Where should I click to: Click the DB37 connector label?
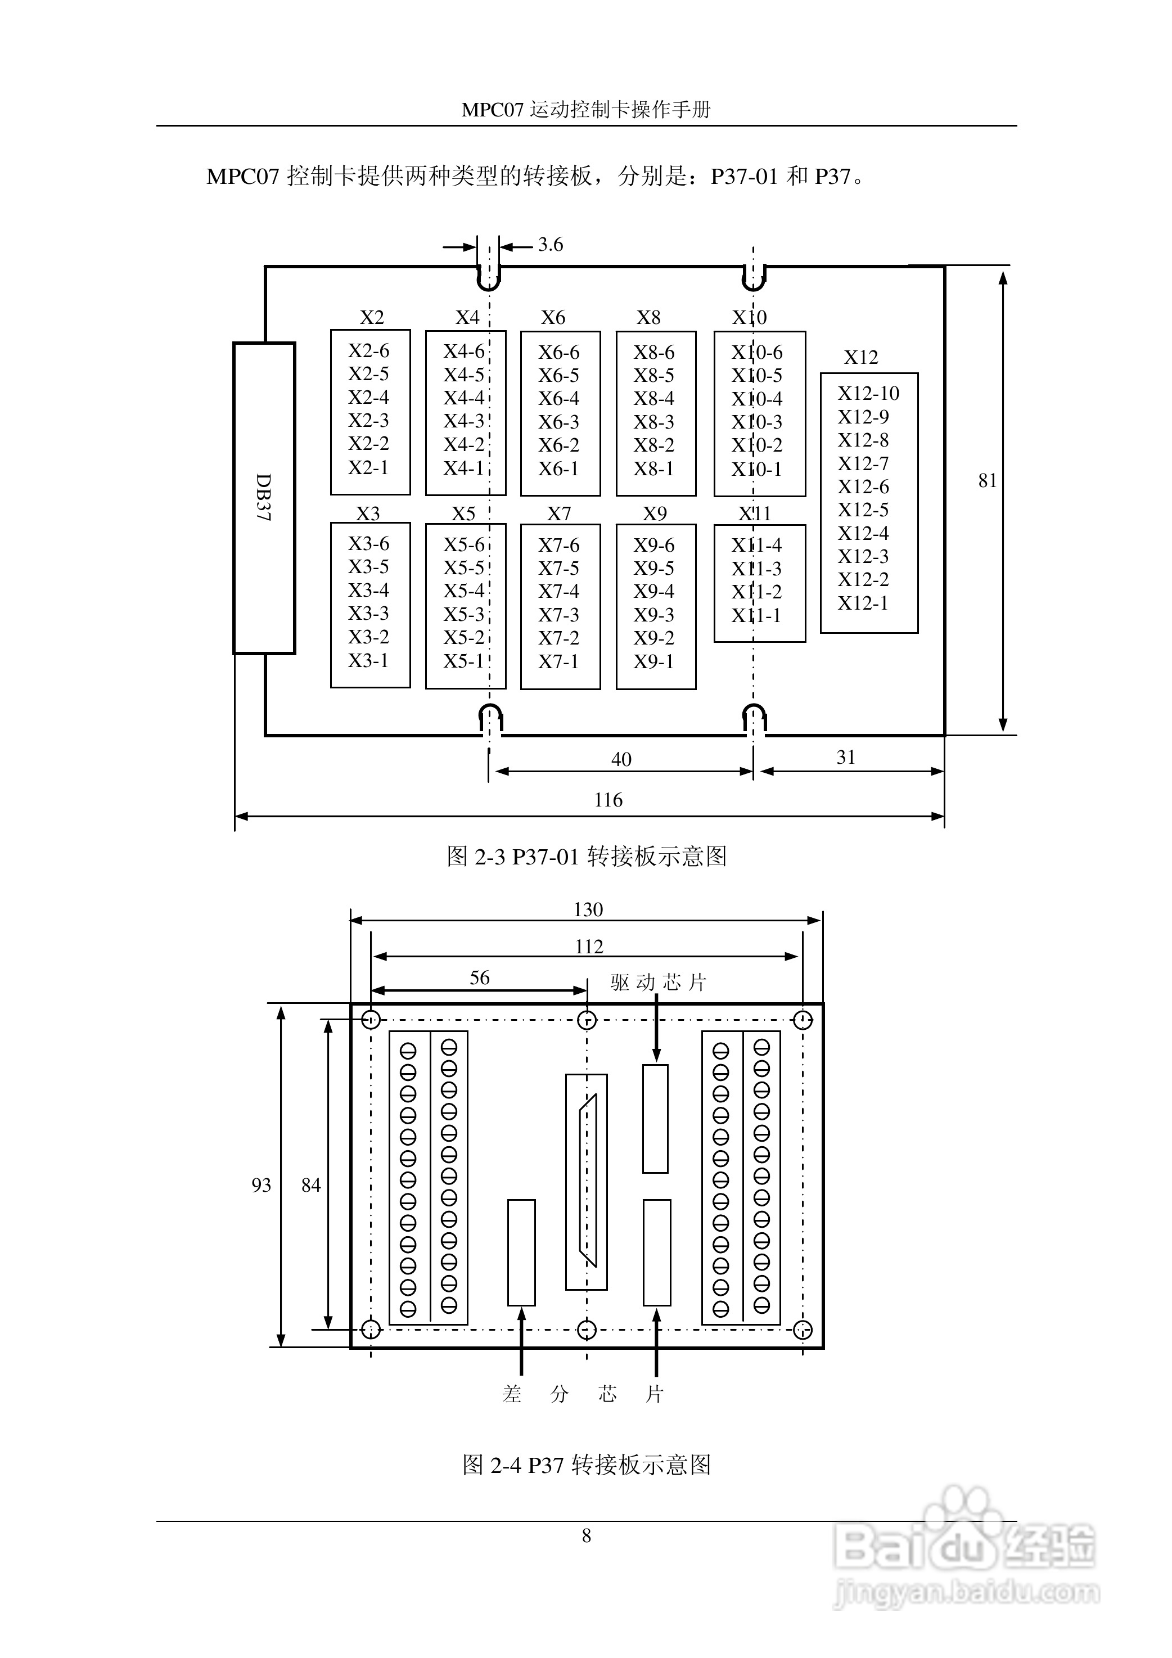click(264, 498)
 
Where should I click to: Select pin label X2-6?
click(368, 351)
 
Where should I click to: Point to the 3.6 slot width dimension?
click(550, 245)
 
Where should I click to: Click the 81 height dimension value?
click(987, 481)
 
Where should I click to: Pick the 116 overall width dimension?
click(608, 800)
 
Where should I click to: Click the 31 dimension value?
click(846, 758)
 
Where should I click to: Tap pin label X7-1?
click(558, 661)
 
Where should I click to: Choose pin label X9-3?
click(653, 615)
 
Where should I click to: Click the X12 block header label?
click(861, 358)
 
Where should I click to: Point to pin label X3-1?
click(368, 661)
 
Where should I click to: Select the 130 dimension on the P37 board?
click(588, 910)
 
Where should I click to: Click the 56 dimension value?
click(480, 977)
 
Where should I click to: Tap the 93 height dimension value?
click(262, 1185)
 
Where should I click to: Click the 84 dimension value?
click(311, 1185)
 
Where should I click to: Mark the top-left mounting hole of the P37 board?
click(371, 1020)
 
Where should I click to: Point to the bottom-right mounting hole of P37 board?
click(803, 1330)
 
